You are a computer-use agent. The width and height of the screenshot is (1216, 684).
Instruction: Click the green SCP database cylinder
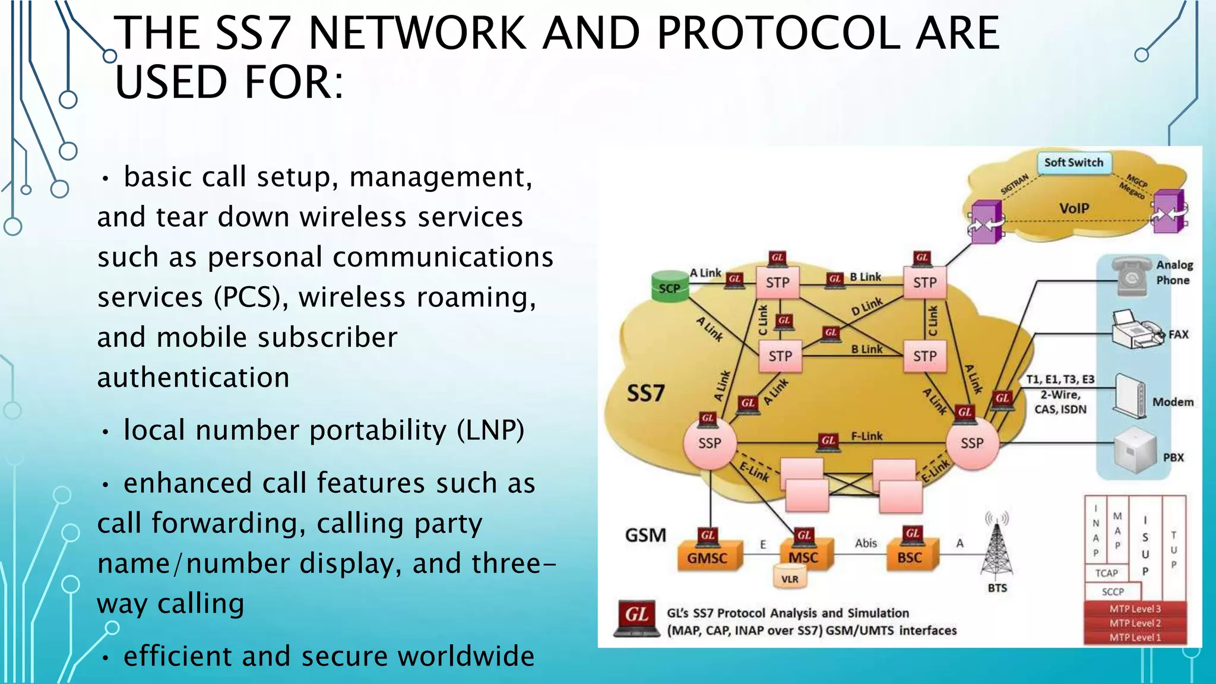click(x=669, y=287)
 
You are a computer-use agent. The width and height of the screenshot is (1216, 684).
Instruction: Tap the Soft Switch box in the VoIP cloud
click(x=1073, y=163)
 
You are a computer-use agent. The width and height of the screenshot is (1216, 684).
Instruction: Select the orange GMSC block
click(x=707, y=557)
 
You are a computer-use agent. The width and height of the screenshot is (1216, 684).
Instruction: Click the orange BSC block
click(x=910, y=557)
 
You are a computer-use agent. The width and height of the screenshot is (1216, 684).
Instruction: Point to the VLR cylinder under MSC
click(x=790, y=578)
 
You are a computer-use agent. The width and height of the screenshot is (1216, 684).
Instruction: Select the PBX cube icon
click(x=1135, y=454)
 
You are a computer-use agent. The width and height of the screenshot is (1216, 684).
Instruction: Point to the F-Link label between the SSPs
click(x=867, y=436)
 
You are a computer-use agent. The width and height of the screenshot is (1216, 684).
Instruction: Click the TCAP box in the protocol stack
click(x=1106, y=573)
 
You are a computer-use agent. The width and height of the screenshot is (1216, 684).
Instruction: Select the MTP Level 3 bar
click(x=1135, y=609)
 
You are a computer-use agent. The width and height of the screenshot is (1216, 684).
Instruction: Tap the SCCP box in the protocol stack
click(x=1113, y=591)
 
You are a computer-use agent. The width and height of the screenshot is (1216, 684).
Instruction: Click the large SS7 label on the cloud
click(x=646, y=393)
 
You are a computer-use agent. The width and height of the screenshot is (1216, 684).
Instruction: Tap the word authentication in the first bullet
click(x=194, y=378)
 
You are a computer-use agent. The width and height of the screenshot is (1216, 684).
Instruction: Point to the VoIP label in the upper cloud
click(x=1074, y=208)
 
